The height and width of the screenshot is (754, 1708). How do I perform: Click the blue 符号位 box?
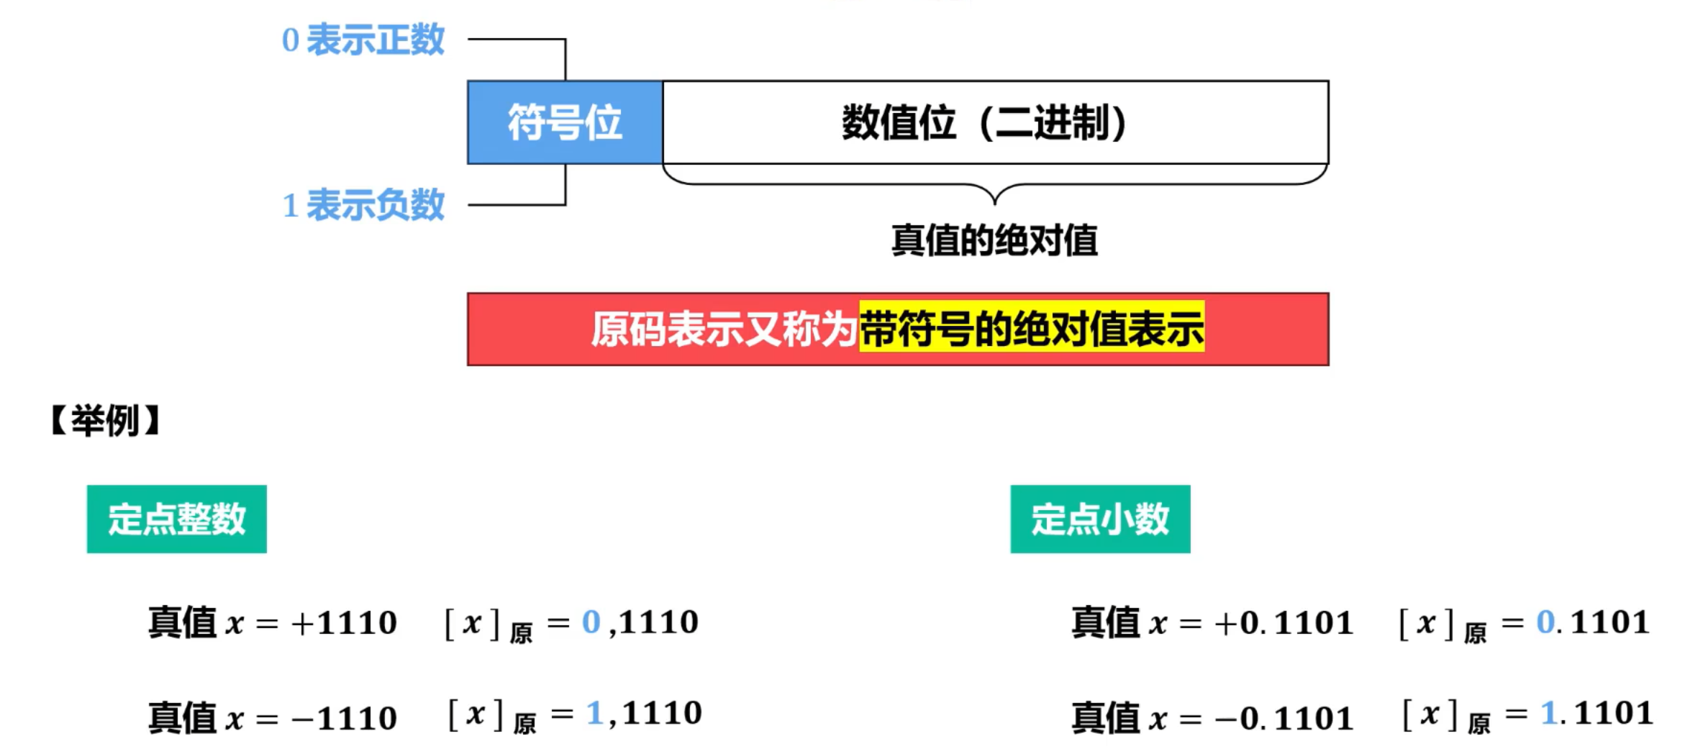pyautogui.click(x=565, y=122)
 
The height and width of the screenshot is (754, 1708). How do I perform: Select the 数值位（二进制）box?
pyautogui.click(x=995, y=122)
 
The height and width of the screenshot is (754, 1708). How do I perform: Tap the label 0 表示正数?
pyautogui.click(x=363, y=40)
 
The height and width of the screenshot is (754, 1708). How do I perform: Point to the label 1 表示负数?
pyautogui.click(x=363, y=206)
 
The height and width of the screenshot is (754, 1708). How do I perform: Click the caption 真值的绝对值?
pyautogui.click(x=994, y=240)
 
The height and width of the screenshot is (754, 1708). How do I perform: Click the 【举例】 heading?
pyautogui.click(x=106, y=420)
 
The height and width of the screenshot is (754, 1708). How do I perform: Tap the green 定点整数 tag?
pyautogui.click(x=177, y=519)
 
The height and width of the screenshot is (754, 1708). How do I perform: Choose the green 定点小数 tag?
pyautogui.click(x=1100, y=519)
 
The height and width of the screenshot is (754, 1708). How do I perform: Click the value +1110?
pyautogui.click(x=344, y=623)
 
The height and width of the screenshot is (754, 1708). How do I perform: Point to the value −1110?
pyautogui.click(x=345, y=718)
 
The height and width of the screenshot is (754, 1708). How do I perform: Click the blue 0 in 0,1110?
pyautogui.click(x=591, y=622)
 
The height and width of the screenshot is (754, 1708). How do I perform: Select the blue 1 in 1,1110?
pyautogui.click(x=594, y=714)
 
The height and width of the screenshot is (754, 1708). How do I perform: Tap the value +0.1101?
pyautogui.click(x=1284, y=623)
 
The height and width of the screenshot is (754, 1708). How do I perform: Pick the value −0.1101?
pyautogui.click(x=1284, y=718)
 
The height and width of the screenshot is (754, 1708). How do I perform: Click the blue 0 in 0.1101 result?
pyautogui.click(x=1545, y=622)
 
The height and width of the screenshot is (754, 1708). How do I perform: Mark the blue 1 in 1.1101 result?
pyautogui.click(x=1549, y=714)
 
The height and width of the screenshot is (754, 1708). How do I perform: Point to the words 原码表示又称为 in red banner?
pyautogui.click(x=724, y=330)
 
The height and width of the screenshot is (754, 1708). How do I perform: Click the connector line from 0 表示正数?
pyautogui.click(x=518, y=40)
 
